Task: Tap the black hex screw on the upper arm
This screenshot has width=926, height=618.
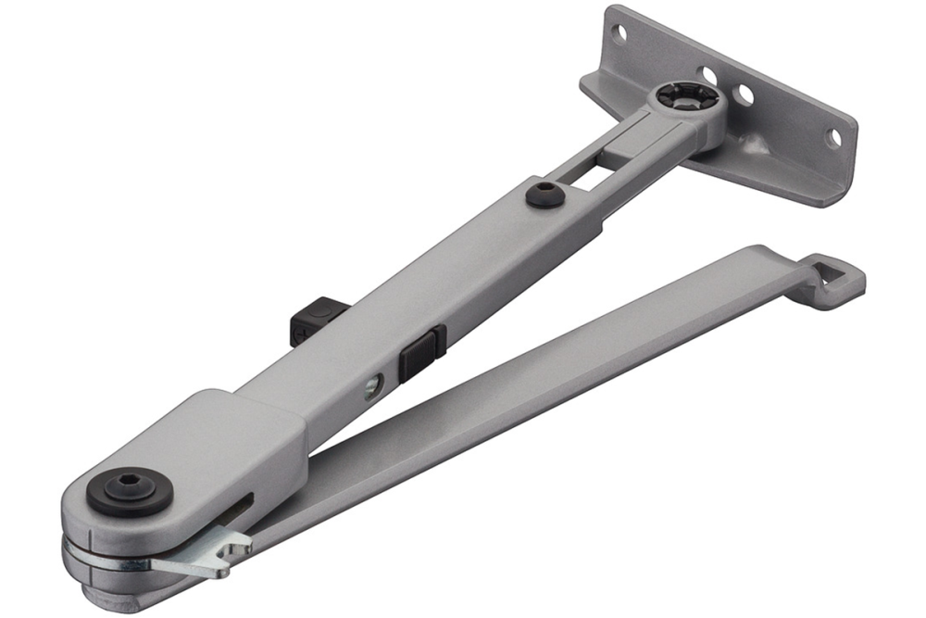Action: tap(543, 194)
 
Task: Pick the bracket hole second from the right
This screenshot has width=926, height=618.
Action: tap(744, 95)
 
